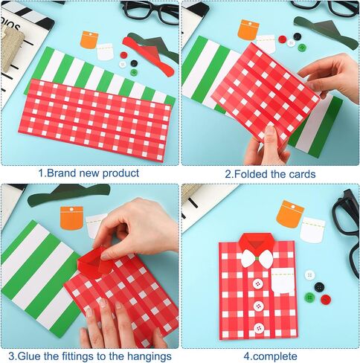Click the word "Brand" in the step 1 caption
point(61,173)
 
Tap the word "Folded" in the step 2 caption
point(251,174)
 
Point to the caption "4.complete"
point(270,356)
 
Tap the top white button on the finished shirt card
point(258,283)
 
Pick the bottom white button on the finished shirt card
point(259,328)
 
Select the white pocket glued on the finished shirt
point(283,281)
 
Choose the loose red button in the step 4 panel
point(326,300)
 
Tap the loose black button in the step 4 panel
point(319,287)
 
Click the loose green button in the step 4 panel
point(309,298)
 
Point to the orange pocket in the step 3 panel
point(71,218)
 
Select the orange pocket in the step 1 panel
point(89,39)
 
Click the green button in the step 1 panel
point(134,72)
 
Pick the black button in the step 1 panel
point(134,63)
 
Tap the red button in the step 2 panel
point(283,39)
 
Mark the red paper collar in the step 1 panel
point(149,56)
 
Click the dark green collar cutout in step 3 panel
point(69,195)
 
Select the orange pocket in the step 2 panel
point(248,30)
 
